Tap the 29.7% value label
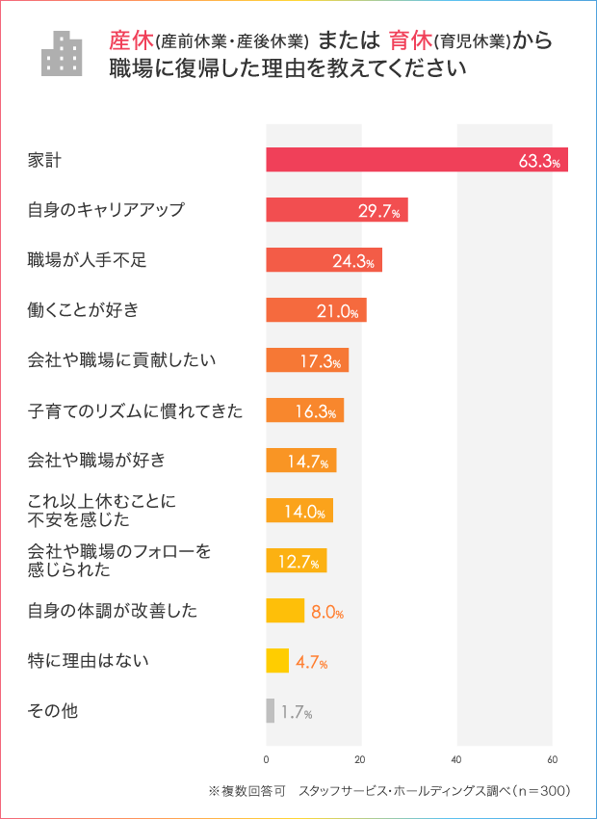[378, 211]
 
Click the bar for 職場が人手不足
[324, 260]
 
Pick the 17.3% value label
[321, 361]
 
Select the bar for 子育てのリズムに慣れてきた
[304, 410]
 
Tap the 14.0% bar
[299, 511]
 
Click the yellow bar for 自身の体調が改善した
[285, 611]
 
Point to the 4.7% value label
[311, 662]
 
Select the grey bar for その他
[271, 711]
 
